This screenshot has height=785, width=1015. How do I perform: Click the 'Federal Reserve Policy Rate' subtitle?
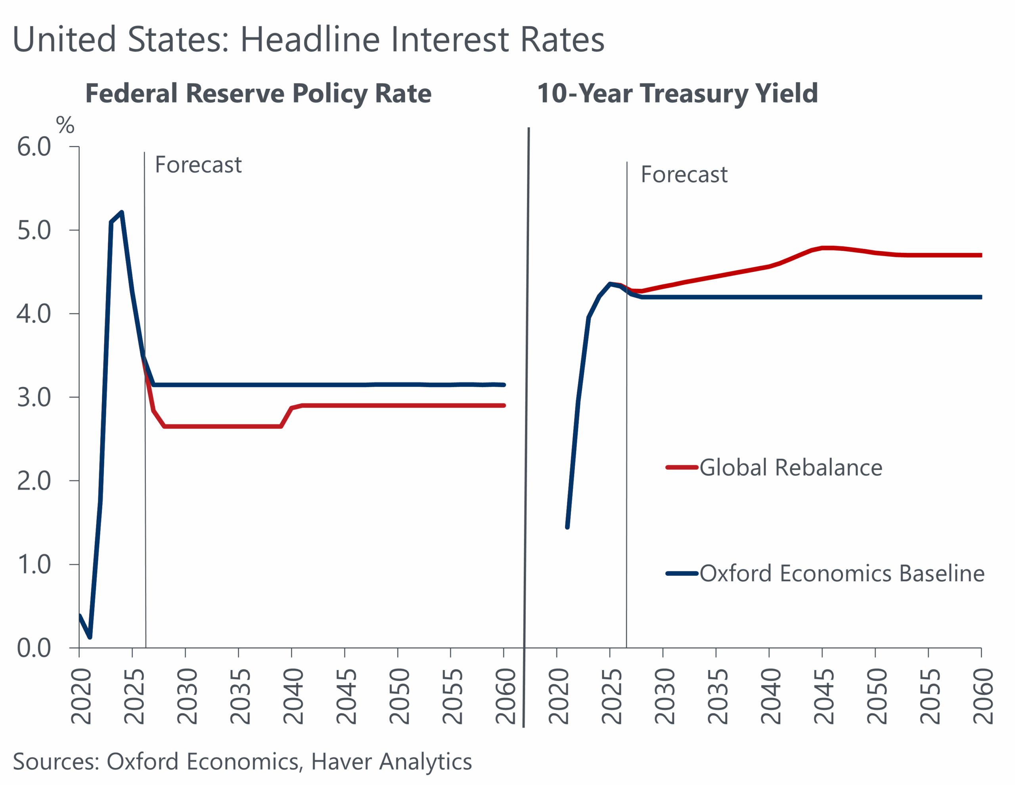point(259,94)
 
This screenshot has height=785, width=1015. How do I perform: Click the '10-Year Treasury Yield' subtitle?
point(677,94)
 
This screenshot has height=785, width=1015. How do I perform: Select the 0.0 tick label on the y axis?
point(34,648)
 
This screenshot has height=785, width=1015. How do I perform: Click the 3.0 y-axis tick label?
point(34,397)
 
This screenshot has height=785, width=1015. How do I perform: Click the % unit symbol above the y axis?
point(65,125)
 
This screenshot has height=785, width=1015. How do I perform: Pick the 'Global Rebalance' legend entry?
point(791,467)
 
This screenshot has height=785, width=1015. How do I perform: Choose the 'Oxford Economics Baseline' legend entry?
point(842,573)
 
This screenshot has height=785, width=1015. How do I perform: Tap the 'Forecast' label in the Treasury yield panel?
point(684,175)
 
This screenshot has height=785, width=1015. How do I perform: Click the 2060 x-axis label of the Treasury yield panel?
point(983,696)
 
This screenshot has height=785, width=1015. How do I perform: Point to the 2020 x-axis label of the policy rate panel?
point(81,696)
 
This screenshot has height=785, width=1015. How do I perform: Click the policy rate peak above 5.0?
point(122,212)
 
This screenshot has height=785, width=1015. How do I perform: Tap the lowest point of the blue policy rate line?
point(90,637)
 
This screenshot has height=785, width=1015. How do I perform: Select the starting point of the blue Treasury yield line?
point(567,527)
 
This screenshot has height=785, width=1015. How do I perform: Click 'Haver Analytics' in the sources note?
point(391,762)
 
